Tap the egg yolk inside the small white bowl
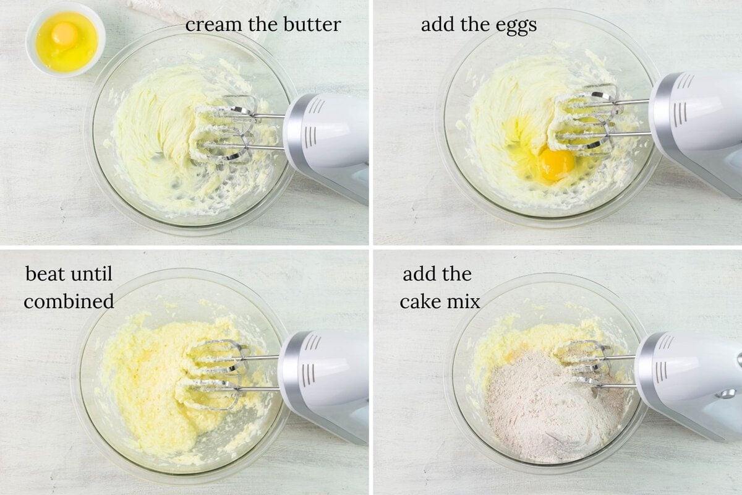point(64,34)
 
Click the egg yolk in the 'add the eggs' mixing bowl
point(556,163)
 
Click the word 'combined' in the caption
point(69,301)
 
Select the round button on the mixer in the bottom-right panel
point(728,394)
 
